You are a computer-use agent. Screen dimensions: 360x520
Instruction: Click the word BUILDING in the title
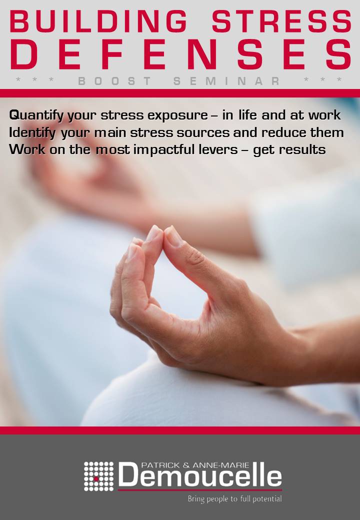[x=98, y=21]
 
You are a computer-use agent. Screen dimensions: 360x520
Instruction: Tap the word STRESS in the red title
[x=282, y=21]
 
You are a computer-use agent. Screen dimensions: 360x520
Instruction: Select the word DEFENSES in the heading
[x=181, y=54]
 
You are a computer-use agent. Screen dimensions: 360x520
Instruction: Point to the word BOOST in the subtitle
[x=114, y=81]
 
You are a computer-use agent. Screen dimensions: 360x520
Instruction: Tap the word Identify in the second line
[x=32, y=133]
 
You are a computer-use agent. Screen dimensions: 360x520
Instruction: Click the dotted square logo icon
[x=98, y=476]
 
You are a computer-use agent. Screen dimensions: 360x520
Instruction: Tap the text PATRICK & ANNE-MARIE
[x=195, y=465]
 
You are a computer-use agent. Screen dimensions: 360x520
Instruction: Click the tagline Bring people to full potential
[x=234, y=499]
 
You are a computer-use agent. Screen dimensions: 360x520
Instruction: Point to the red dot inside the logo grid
[x=96, y=479]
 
